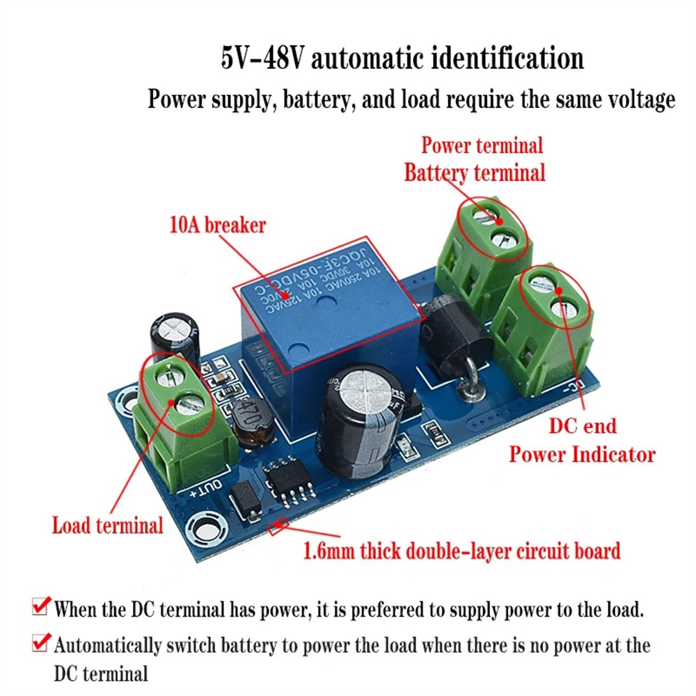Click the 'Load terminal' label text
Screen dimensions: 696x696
(108, 525)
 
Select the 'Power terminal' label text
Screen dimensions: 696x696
(482, 145)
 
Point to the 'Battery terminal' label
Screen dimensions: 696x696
(475, 172)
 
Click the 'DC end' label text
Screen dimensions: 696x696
(583, 425)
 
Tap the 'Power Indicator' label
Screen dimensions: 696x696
(582, 454)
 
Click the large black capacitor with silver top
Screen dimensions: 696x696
(358, 425)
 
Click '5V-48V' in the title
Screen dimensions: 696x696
(262, 58)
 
